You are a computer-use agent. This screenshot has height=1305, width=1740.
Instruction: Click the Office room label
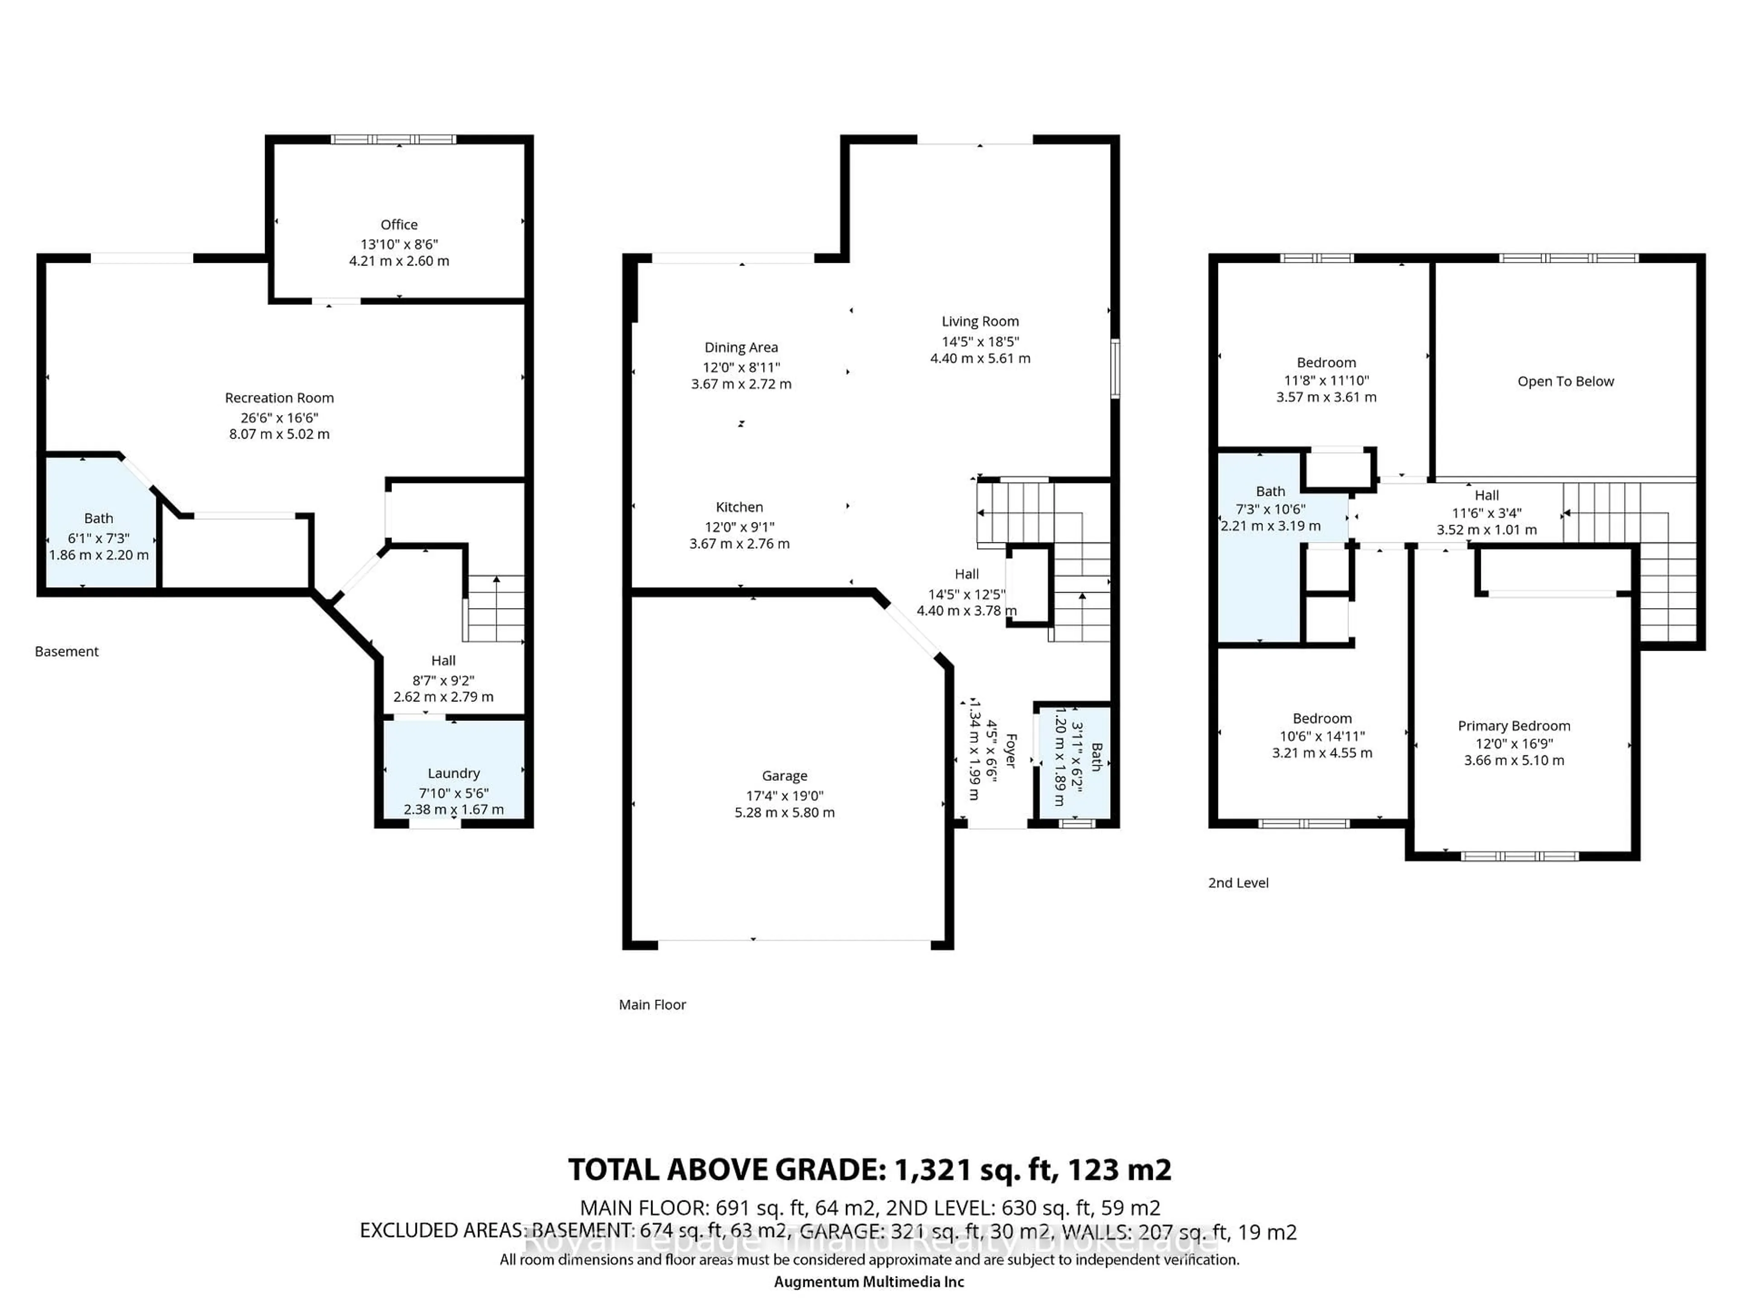click(x=399, y=225)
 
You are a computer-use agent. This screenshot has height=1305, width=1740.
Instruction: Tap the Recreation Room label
click(x=279, y=398)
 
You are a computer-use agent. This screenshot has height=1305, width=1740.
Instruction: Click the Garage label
click(x=784, y=776)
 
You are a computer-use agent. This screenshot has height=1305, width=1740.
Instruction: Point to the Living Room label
click(x=980, y=322)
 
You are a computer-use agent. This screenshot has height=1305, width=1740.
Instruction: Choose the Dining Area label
click(x=741, y=348)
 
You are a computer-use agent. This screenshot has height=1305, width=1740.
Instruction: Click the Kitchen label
click(x=739, y=507)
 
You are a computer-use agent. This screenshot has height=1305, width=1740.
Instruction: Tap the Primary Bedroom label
click(x=1513, y=726)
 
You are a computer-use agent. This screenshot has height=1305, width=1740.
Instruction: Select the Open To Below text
click(x=1566, y=382)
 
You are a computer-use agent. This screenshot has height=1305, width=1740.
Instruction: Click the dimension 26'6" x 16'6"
click(x=279, y=418)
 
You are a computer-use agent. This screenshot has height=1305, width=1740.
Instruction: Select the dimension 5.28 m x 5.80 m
click(x=784, y=812)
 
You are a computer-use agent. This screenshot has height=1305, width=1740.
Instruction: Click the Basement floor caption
click(x=67, y=651)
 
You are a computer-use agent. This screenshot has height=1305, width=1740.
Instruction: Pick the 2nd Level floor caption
click(x=1238, y=883)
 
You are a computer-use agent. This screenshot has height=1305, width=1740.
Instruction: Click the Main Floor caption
click(x=652, y=1005)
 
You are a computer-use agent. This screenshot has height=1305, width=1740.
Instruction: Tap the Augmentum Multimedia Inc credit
click(x=869, y=1282)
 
